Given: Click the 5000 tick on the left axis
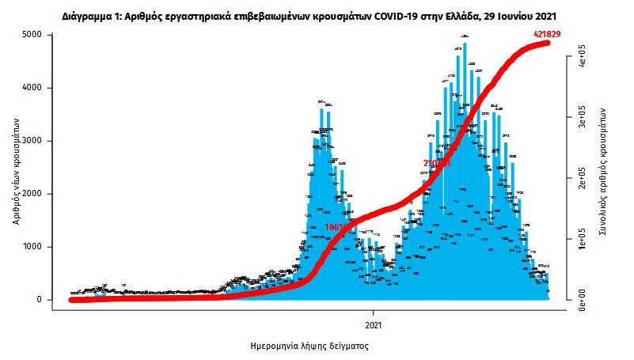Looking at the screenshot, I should [32, 35].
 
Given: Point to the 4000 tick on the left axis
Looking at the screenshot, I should [32, 88].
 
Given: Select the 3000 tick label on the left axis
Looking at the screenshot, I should [32, 141].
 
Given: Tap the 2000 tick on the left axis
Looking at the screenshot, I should [32, 194].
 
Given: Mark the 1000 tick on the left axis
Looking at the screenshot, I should [32, 247].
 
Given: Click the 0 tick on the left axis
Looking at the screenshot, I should [37, 300].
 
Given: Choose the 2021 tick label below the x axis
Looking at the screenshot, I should [374, 324].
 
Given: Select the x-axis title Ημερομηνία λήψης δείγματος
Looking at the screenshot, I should [309, 346].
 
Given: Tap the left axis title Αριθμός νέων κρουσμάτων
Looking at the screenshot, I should [16, 168].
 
